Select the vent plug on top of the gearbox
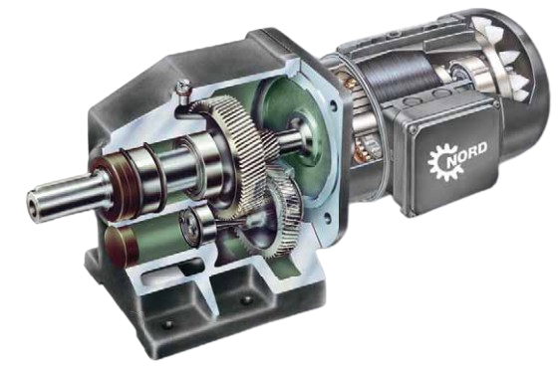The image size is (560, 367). click(184, 91)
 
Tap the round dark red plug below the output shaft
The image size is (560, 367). click(121, 247)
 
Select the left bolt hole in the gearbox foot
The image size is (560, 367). click(166, 324)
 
